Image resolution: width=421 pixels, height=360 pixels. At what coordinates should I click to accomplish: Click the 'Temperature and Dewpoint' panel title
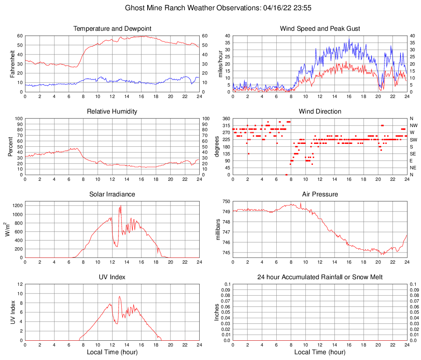click(x=112, y=29)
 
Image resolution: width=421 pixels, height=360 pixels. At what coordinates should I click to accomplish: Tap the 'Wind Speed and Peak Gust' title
click(x=320, y=29)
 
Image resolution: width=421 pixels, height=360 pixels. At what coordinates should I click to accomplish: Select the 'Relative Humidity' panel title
click(x=112, y=112)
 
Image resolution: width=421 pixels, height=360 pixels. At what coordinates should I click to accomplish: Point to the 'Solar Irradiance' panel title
click(x=112, y=194)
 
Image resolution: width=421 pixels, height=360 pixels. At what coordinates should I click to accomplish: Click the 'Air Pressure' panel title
click(x=320, y=194)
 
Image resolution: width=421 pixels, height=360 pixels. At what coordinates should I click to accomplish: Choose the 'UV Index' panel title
click(x=112, y=277)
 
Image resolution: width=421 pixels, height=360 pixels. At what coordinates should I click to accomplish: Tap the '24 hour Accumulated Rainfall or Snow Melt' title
click(x=320, y=277)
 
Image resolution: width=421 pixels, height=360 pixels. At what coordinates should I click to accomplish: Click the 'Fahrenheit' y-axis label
click(x=13, y=64)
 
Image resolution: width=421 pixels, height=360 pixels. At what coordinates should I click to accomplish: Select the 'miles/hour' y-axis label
click(x=220, y=64)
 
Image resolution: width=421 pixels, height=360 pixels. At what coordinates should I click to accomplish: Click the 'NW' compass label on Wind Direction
click(x=414, y=125)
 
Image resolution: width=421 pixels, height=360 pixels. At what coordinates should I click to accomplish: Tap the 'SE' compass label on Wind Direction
click(x=413, y=154)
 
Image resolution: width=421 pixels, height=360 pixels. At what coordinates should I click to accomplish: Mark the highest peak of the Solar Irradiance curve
click(x=121, y=205)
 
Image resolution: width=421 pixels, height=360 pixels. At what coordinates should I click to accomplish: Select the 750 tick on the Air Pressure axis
click(x=225, y=201)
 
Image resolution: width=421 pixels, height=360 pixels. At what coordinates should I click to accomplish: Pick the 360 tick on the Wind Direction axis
click(x=225, y=118)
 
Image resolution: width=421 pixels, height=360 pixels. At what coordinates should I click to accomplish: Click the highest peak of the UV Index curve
click(x=119, y=296)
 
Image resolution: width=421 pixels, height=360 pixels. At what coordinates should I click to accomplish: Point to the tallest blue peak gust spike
click(x=349, y=39)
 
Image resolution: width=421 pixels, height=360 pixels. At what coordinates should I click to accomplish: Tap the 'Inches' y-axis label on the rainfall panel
click(x=218, y=312)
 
